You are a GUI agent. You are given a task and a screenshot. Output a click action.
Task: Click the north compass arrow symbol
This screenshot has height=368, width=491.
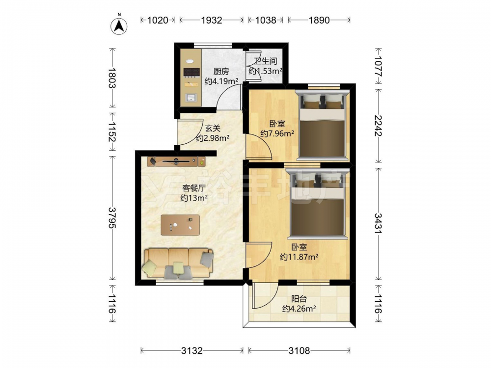[119, 26]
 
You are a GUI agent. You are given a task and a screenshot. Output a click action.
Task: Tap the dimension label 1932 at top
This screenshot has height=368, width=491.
[211, 20]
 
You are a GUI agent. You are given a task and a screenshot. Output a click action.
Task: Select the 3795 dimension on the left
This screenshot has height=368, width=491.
[112, 217]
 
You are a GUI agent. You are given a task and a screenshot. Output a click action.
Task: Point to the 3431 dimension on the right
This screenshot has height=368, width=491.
[379, 223]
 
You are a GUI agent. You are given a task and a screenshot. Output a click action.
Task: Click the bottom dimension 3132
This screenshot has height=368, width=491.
[192, 351]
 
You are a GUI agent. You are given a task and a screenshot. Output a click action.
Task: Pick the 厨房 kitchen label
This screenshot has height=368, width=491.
[221, 71]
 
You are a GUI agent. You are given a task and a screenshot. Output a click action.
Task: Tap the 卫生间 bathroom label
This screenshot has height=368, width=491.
[266, 61]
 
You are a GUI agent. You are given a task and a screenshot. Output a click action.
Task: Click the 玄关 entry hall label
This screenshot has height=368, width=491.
[213, 128]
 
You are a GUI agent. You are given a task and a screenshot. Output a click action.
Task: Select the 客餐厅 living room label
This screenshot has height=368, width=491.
[194, 188]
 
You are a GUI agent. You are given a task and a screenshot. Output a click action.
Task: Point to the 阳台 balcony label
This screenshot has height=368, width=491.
[299, 299]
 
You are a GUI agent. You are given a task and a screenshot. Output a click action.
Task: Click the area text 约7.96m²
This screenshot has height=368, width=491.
[277, 133]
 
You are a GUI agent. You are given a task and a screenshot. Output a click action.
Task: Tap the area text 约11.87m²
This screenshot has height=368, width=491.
[299, 257]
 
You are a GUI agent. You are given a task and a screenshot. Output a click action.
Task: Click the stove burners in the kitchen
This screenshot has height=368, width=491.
[191, 73]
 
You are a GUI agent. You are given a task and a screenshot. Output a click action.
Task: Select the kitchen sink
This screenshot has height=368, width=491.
[191, 98]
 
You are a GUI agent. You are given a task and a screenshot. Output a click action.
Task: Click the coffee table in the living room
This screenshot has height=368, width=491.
[180, 225]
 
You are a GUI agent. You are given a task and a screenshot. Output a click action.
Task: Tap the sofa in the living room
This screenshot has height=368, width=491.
[178, 263]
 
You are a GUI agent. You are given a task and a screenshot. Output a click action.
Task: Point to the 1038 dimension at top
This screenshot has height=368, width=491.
[266, 20]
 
